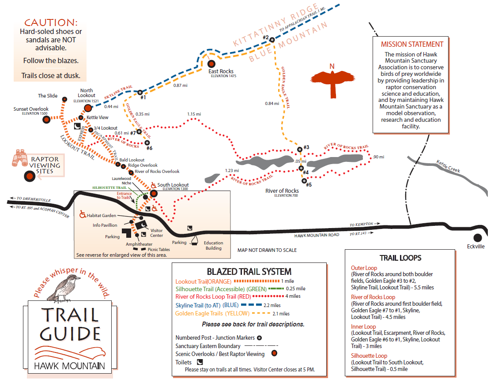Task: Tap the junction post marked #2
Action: tap(272, 40)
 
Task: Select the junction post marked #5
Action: tap(304, 180)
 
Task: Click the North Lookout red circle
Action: tap(87, 108)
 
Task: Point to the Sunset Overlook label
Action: tap(31, 109)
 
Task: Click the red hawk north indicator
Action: tap(332, 80)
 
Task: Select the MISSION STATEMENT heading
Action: tap(412, 44)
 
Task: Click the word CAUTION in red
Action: tap(51, 22)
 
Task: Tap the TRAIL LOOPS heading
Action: tap(400, 258)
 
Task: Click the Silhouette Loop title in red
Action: tap(369, 356)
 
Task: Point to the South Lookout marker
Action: tap(154, 193)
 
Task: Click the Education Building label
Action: tap(213, 245)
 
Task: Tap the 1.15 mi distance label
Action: tap(194, 114)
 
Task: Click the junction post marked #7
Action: tap(139, 131)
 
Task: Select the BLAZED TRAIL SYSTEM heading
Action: tap(249, 272)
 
